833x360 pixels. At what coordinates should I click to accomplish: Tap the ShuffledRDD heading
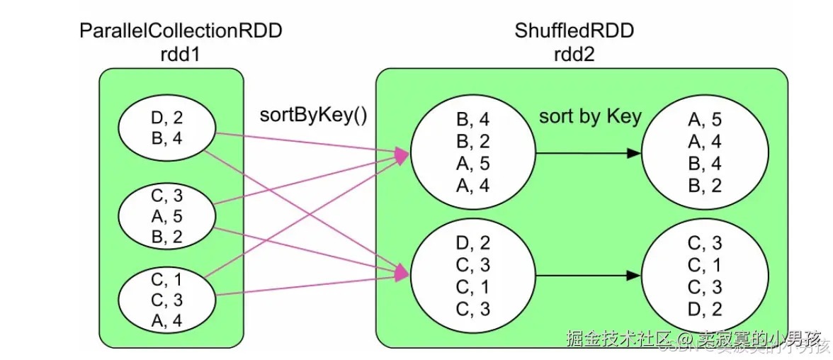point(574,30)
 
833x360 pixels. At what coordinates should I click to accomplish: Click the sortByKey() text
point(314,115)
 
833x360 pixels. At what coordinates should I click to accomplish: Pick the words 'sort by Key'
point(590,116)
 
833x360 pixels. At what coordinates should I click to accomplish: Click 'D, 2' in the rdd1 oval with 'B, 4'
point(167,118)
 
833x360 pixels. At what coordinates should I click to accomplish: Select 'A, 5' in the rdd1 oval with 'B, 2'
point(167,216)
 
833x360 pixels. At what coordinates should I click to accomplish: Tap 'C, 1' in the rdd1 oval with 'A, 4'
point(167,280)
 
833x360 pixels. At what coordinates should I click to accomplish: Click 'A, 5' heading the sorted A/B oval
point(705,120)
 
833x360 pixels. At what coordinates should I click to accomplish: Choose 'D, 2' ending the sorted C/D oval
point(705,308)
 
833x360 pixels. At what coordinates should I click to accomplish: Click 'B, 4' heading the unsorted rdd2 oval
point(473,119)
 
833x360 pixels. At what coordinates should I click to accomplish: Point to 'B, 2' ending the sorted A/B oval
point(705,186)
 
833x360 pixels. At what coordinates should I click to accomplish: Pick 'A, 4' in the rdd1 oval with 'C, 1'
point(167,321)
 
